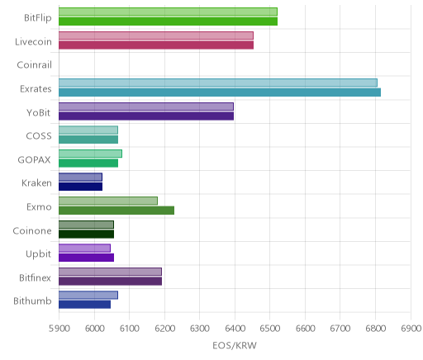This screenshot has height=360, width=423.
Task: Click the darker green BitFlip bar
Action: click(168, 21)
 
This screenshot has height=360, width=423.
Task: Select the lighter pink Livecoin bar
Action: click(156, 36)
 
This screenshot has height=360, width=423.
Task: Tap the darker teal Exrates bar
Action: click(220, 92)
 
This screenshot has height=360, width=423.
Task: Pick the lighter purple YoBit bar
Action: click(146, 107)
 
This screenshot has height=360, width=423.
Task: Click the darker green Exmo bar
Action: click(116, 211)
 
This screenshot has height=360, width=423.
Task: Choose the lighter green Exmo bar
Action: click(108, 201)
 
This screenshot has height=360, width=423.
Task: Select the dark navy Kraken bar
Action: click(80, 187)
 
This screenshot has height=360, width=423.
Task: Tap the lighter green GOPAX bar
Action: click(90, 154)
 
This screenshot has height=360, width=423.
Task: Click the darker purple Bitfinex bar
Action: click(110, 282)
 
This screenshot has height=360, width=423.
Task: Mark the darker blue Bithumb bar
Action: click(84, 305)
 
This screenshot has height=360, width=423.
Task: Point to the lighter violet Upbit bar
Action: click(84, 248)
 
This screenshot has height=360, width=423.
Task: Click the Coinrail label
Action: click(35, 65)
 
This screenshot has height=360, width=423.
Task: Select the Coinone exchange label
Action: click(32, 230)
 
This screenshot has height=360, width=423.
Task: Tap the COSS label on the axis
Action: click(39, 136)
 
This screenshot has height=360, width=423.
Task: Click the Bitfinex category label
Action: click(35, 277)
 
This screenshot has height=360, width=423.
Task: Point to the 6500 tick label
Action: click(269, 329)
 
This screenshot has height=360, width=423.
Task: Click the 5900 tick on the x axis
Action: click(59, 329)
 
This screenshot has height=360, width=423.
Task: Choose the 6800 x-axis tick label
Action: click(375, 329)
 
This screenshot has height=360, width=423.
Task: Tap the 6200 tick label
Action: click(164, 329)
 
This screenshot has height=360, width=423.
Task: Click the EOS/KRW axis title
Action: click(235, 345)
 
